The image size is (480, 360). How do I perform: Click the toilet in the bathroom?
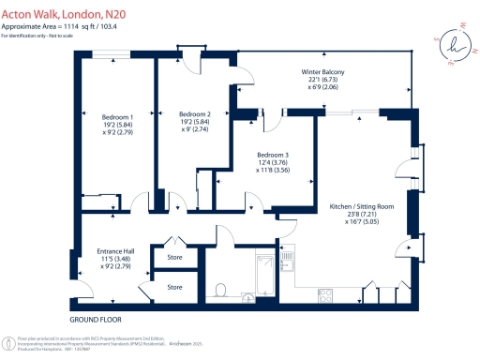pyautogui.click(x=221, y=290)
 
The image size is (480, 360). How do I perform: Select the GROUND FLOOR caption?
pyautogui.click(x=100, y=319)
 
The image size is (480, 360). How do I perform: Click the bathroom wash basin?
pyautogui.click(x=248, y=299)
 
